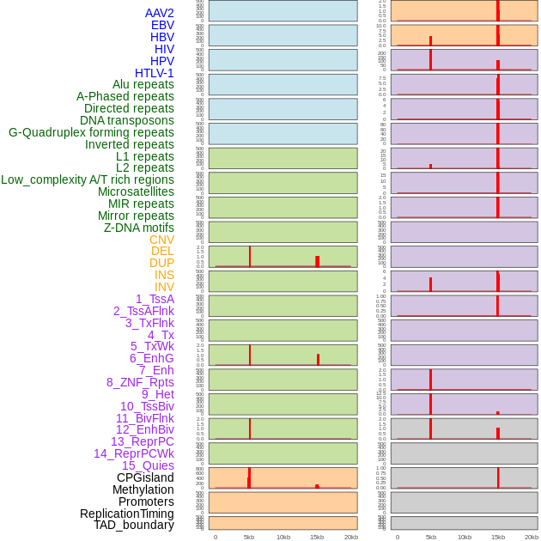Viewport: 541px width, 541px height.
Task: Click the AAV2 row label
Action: (x=160, y=13)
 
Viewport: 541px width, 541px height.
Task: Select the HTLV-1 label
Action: (x=155, y=73)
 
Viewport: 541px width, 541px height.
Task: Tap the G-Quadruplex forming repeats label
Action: (x=91, y=132)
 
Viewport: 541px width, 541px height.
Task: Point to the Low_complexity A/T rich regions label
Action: (x=88, y=179)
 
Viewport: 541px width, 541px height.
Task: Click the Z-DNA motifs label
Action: (x=139, y=228)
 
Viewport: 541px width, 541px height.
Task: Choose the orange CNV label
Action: (x=161, y=240)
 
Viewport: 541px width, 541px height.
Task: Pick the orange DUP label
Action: (x=161, y=263)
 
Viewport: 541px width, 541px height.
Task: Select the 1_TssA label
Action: (x=155, y=299)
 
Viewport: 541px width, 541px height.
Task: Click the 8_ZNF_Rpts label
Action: (x=140, y=382)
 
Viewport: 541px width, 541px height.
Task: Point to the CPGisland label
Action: (x=145, y=477)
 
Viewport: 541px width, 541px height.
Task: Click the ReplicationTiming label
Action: (x=127, y=514)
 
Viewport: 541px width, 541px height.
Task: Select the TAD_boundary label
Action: (x=134, y=525)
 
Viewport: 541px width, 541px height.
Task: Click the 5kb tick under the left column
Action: (x=249, y=537)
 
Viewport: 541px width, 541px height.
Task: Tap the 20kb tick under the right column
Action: (x=532, y=537)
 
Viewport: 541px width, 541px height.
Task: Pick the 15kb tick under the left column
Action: (x=317, y=537)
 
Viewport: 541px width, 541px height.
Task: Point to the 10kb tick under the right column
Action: (x=465, y=537)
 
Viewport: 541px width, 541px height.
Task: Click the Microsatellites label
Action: (x=136, y=191)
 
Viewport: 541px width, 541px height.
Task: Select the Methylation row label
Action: (x=137, y=489)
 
